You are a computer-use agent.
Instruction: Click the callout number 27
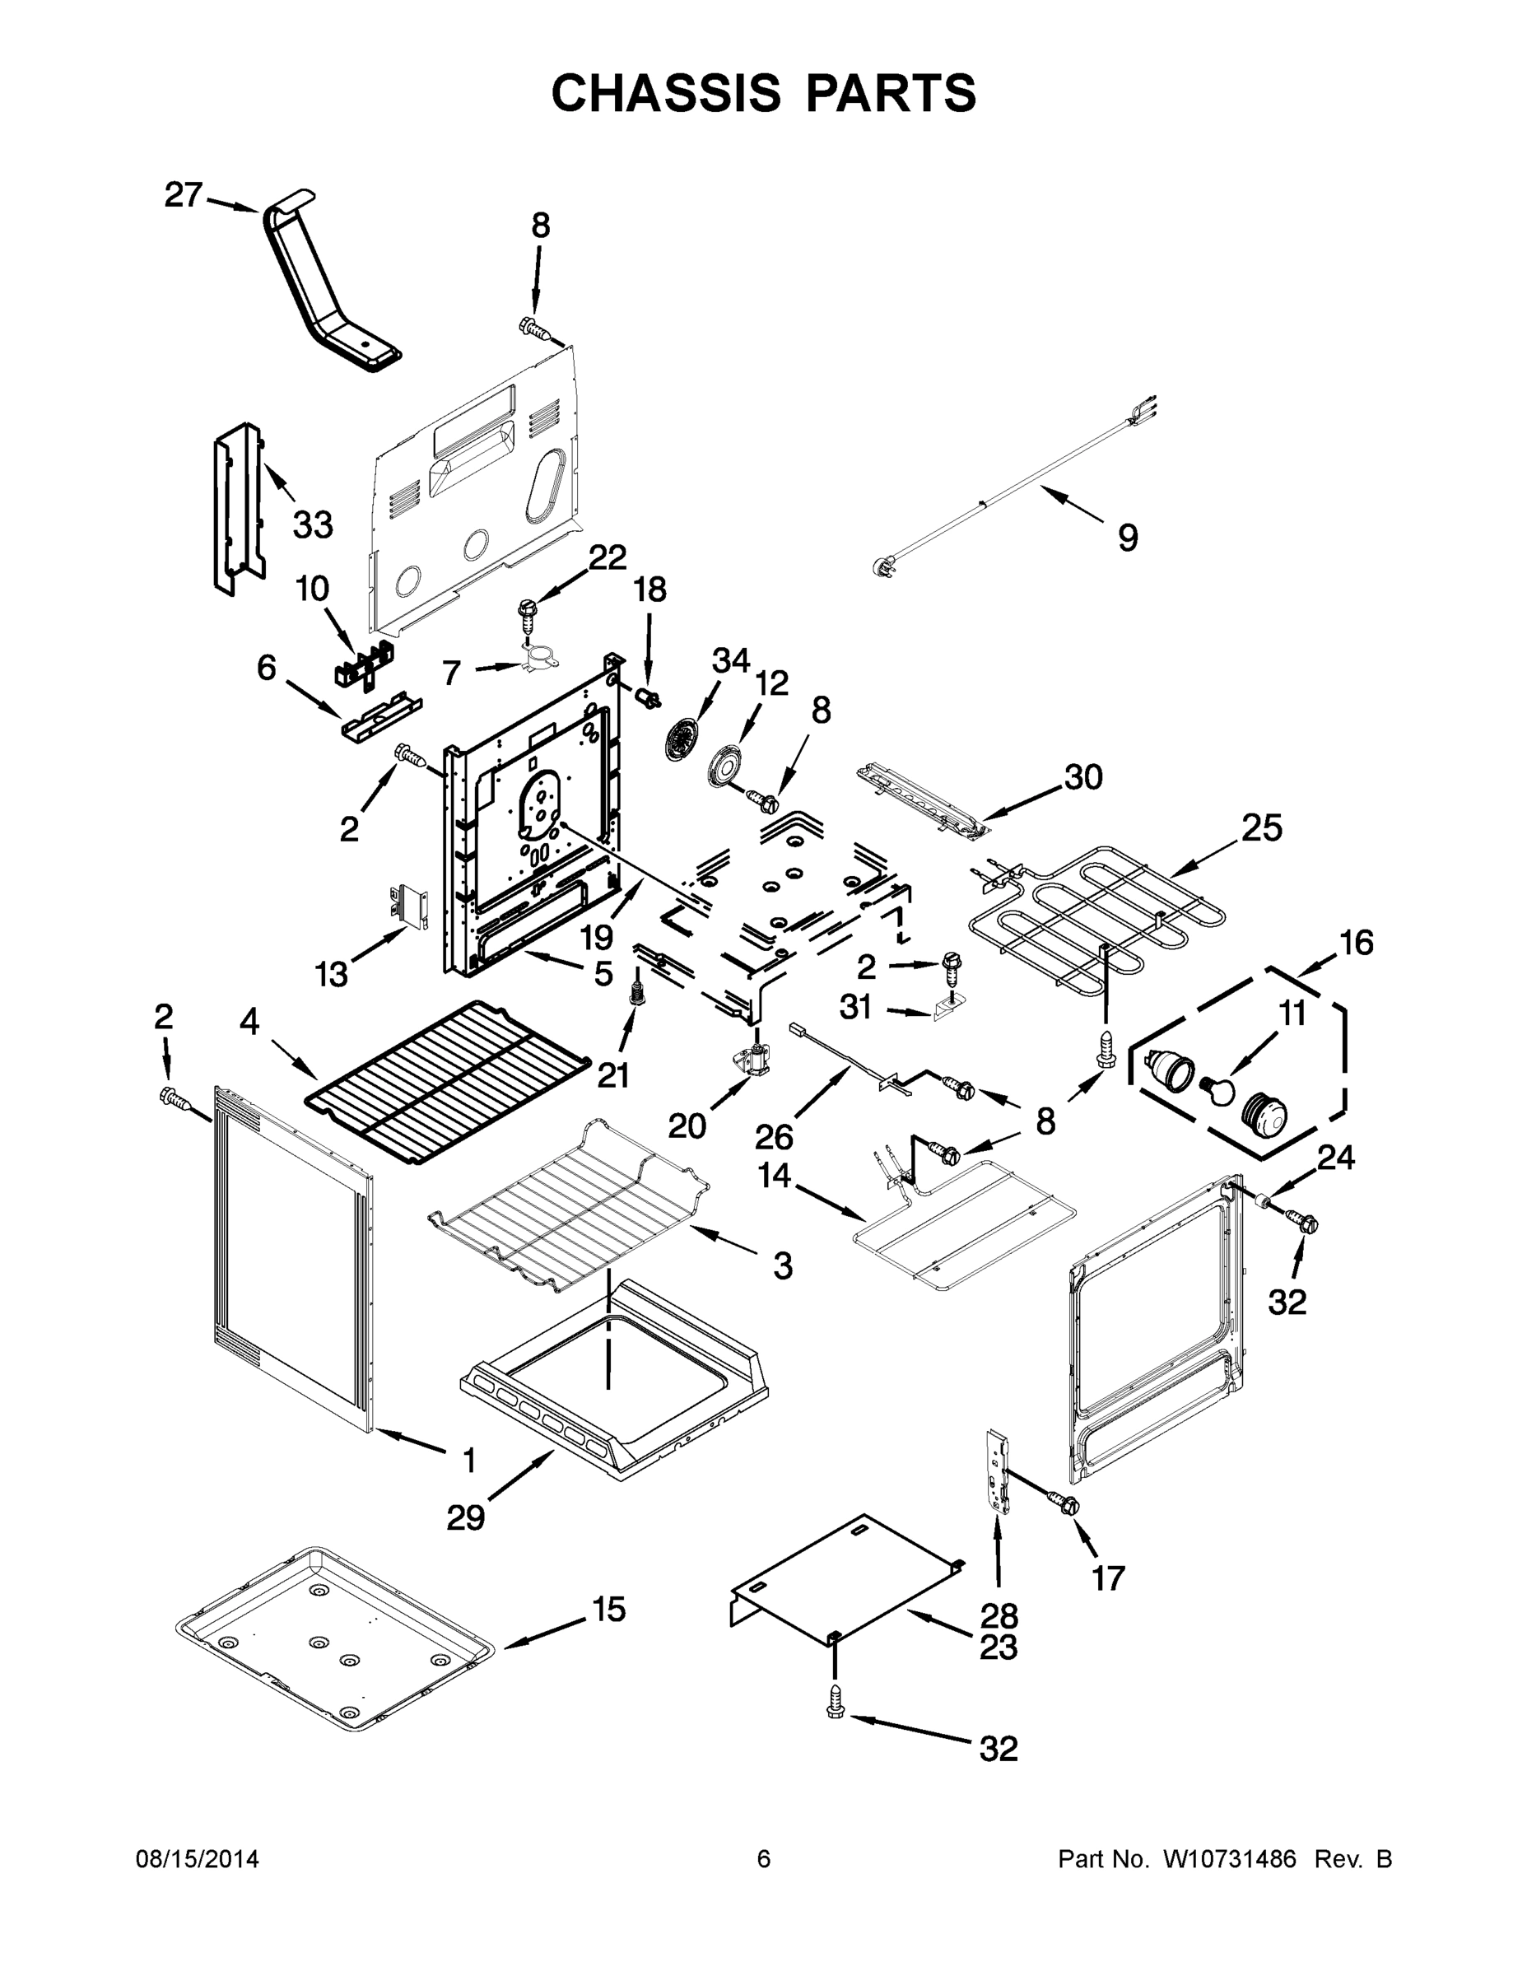183,194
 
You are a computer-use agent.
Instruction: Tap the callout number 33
313,524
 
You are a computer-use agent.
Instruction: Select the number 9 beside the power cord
1127,538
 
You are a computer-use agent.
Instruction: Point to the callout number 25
1261,827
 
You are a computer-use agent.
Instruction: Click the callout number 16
1356,943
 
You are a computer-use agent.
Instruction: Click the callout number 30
1082,776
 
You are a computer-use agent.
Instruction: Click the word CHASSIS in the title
666,93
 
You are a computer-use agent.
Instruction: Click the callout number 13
331,975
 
